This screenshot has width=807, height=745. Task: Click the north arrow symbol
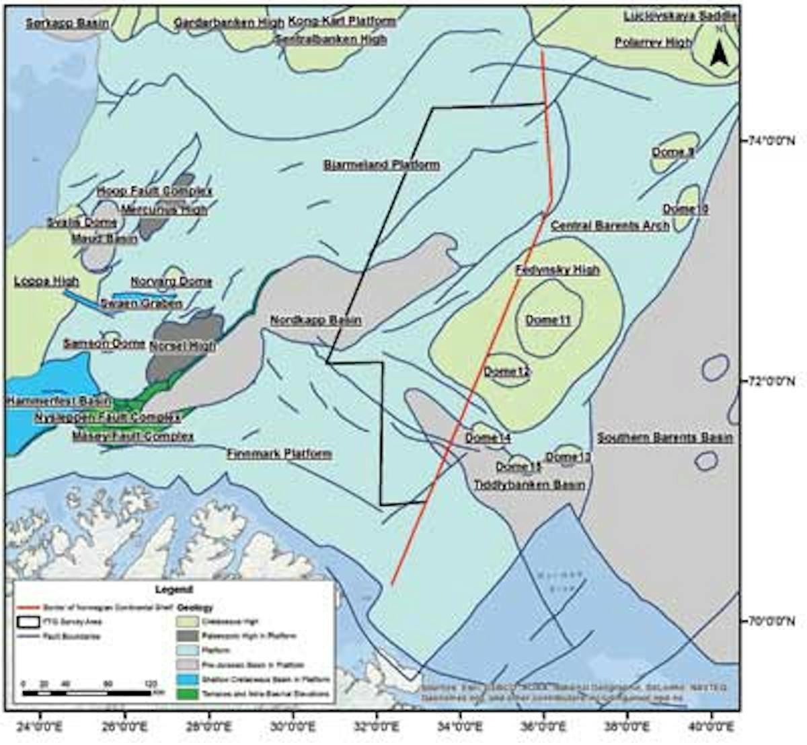coord(719,51)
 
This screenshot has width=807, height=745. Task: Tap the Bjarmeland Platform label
coord(381,165)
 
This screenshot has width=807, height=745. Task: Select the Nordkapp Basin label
coord(315,321)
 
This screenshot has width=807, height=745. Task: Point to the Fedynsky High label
coord(557,270)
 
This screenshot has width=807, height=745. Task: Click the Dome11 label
coord(548,320)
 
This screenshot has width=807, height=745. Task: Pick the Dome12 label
coord(507,371)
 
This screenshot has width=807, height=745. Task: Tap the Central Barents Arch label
coord(610,225)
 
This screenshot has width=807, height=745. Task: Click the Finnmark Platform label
coord(279,454)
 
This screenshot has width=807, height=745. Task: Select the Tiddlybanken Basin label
coord(529,485)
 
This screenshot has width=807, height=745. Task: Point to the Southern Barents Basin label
coord(665,438)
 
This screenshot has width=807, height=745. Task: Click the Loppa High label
coord(46,281)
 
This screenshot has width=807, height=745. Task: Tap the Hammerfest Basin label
coord(59,401)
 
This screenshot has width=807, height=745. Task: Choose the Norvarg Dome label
coord(171,282)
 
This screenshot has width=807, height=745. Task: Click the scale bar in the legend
coord(86,693)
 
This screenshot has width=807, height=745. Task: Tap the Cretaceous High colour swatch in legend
coord(188,621)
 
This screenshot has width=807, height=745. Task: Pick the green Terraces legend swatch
coord(188,693)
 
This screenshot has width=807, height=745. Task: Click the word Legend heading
coord(174,590)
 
